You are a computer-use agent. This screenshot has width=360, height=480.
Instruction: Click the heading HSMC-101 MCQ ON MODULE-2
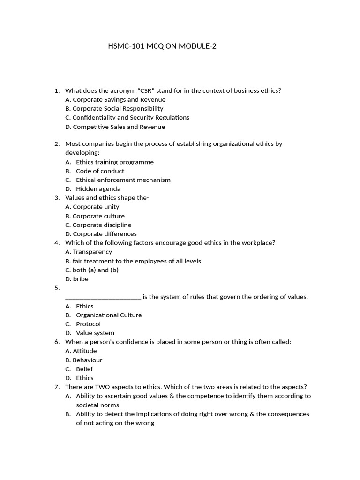pos(163,46)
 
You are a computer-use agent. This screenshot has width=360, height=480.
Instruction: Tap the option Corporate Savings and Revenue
pos(115,99)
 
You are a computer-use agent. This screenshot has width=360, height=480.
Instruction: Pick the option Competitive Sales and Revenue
pos(115,127)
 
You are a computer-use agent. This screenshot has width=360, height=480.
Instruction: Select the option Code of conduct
pos(100,171)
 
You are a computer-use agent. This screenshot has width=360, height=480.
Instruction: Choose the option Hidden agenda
pos(98,189)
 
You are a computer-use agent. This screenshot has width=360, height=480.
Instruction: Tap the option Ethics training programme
pos(114,162)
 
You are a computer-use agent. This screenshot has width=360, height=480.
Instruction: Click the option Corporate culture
pos(95,216)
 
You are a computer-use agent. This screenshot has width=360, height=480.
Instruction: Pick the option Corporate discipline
pos(98,225)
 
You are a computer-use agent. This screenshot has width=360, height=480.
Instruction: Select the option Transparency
pos(89,252)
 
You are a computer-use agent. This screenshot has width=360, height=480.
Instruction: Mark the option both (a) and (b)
pos(92,270)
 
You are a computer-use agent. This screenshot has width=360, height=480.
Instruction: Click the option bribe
pos(77,279)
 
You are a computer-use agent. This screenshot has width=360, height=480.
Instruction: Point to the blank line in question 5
pos(103,297)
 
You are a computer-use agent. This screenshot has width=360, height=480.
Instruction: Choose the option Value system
pos(95,333)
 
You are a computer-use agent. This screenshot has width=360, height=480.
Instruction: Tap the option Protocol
pos(88,324)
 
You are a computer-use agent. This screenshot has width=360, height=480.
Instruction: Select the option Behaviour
pos(84,360)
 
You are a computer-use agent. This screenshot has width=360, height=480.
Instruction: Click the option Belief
pos(84,369)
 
